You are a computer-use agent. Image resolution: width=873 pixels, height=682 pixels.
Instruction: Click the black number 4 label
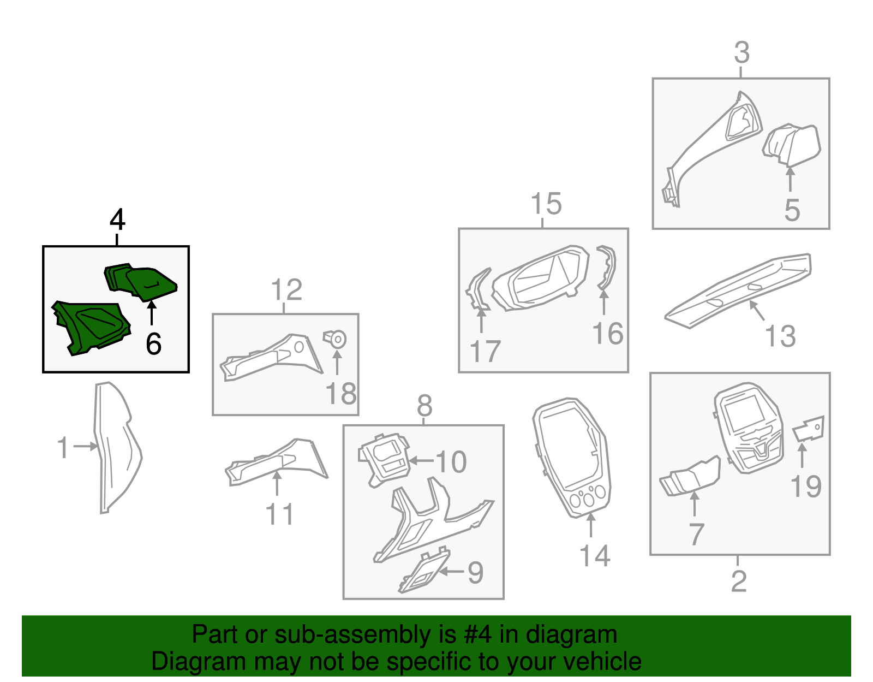point(117,220)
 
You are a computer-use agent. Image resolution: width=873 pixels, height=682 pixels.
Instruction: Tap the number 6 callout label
point(153,344)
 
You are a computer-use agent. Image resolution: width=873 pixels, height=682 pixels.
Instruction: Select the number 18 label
point(341,394)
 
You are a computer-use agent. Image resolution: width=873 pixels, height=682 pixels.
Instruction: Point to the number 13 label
point(780,336)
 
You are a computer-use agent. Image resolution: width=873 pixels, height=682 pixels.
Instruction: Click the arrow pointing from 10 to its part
point(421,461)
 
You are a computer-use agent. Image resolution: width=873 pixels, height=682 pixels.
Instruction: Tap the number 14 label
point(594,556)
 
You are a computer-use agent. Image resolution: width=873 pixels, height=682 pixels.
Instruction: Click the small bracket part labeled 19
point(809,429)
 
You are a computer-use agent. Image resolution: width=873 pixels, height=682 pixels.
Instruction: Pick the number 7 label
point(696,534)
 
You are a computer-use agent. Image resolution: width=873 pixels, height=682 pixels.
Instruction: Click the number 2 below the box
point(738,581)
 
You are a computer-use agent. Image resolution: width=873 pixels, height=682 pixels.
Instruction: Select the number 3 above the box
point(742,53)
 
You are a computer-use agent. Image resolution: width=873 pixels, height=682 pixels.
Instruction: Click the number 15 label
point(546,204)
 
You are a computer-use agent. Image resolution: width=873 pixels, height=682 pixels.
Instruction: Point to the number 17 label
point(485,352)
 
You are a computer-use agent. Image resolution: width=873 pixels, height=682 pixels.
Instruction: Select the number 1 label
point(63,447)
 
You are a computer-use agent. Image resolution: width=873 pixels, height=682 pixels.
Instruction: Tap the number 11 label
point(279,514)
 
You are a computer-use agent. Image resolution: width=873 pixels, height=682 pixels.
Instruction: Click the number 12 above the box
point(286,290)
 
